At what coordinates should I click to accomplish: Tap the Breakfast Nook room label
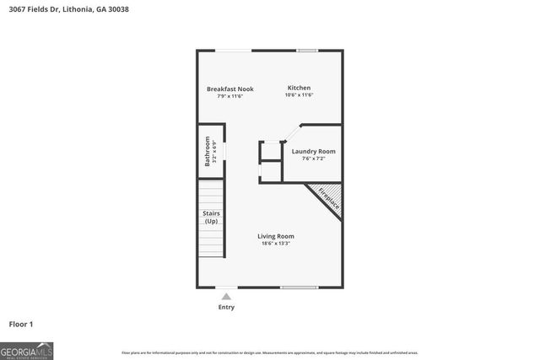coord(230,89)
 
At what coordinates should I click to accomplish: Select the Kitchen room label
coord(299,88)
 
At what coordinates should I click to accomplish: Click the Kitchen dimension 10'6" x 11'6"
coord(299,95)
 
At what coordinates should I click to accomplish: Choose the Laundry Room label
coord(313,152)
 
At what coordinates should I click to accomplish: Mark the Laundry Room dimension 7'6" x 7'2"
coord(313,159)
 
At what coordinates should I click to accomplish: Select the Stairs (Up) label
coord(211,217)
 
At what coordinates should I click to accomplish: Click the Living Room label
coord(276,236)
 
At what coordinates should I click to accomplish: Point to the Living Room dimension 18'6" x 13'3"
coord(276,244)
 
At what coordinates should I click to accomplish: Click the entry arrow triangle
coord(226,296)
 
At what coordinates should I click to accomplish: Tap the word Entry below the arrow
coord(226,307)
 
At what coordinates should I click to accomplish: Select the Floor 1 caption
coord(21,324)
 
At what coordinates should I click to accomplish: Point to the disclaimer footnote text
coord(270,352)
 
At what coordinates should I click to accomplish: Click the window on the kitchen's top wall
coord(307,51)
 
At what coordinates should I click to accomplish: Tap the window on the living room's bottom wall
coord(299,288)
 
